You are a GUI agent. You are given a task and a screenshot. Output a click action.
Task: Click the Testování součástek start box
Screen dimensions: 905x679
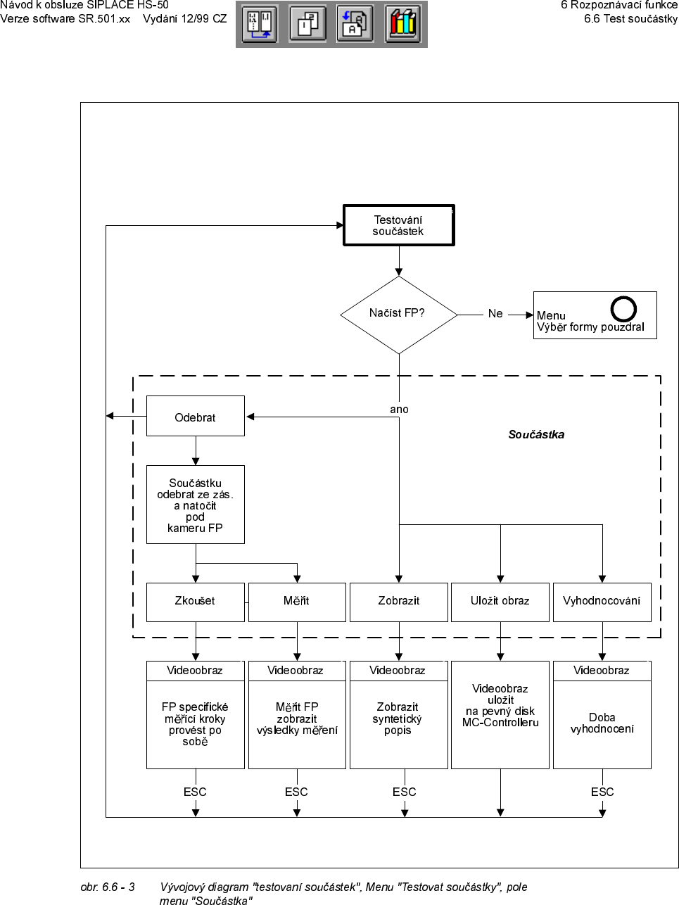click(398, 225)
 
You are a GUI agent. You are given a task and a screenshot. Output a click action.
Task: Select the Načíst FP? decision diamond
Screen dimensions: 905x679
click(398, 314)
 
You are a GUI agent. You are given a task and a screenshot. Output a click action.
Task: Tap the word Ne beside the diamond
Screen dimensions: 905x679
click(495, 314)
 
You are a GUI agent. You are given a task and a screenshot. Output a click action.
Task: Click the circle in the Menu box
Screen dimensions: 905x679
click(623, 309)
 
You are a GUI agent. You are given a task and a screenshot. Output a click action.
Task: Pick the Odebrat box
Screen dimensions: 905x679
click(195, 417)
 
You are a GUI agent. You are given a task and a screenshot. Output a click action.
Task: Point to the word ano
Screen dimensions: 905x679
click(399, 410)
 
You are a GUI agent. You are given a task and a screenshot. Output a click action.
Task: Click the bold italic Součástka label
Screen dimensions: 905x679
click(536, 435)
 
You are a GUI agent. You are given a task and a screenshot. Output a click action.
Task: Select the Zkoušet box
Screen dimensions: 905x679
click(195, 602)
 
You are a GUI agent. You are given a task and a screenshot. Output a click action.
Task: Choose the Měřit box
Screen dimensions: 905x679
click(296, 602)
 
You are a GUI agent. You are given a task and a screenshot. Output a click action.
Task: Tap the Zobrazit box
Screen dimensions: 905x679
click(398, 602)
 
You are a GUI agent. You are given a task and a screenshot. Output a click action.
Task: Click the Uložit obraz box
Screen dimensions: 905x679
click(500, 602)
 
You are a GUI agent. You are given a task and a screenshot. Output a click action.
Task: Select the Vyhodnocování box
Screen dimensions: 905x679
click(602, 602)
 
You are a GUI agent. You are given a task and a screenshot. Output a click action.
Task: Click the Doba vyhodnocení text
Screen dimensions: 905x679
click(602, 723)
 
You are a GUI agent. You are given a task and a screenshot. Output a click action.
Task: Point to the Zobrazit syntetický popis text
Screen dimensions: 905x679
click(398, 719)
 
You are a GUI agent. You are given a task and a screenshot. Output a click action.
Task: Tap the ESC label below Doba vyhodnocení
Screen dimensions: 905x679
click(602, 792)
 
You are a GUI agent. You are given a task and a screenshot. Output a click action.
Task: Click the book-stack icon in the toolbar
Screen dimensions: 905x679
click(403, 24)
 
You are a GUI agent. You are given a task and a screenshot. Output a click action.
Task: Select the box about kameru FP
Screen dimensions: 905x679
click(195, 505)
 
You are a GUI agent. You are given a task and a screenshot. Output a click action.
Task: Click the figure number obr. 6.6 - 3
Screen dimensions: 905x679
click(108, 887)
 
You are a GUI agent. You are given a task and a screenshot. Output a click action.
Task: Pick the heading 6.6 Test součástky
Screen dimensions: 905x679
click(630, 19)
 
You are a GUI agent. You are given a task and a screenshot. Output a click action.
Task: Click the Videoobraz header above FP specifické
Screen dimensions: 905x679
click(195, 671)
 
